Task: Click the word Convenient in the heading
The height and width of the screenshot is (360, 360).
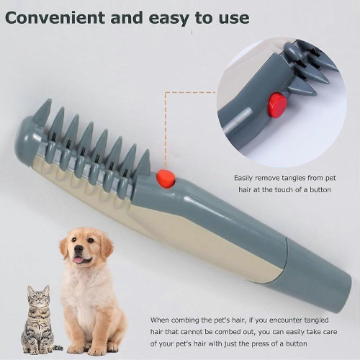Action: pos(55,17)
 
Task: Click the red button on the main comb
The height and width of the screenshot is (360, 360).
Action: pos(166,179)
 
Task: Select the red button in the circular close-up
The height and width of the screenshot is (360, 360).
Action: pos(277,104)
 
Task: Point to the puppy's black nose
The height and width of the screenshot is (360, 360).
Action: pos(78,249)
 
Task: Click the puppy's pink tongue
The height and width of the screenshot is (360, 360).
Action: pos(78,260)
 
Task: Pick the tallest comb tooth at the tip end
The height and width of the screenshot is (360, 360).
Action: pos(42,110)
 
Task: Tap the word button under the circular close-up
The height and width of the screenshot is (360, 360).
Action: pos(320,189)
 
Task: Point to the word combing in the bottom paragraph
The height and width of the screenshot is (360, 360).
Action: pos(185,320)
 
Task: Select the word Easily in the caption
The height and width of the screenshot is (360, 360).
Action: pos(243,179)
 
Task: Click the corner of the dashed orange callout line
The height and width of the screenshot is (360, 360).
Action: pos(166,92)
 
